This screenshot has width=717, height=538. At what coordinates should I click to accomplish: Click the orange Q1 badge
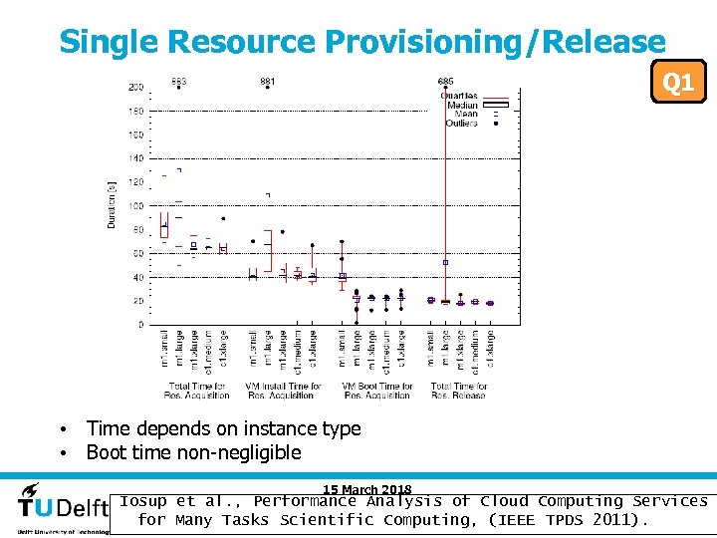[678, 82]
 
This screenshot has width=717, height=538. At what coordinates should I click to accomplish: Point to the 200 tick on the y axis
[134, 88]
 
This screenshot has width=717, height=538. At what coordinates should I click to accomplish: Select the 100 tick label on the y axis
[134, 206]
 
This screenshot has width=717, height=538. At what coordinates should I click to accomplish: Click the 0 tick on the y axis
[139, 325]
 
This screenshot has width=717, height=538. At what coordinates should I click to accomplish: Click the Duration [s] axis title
[112, 204]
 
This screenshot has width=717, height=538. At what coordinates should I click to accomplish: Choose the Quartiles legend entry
[459, 96]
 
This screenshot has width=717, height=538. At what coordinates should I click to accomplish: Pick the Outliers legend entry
[461, 124]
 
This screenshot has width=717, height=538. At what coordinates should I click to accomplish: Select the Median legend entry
[462, 106]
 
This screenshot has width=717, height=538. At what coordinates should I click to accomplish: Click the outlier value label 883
[178, 81]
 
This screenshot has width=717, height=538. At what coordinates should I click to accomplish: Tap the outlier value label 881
[268, 81]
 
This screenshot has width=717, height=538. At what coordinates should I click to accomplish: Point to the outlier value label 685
[446, 81]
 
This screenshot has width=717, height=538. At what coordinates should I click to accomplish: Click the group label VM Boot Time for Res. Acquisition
[376, 391]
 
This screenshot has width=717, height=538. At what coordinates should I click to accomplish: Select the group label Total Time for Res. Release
[459, 391]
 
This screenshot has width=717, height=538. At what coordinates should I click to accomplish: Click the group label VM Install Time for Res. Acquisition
[284, 391]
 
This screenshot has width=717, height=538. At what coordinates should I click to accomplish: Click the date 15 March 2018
[366, 489]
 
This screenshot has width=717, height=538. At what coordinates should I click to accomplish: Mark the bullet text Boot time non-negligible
[193, 452]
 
